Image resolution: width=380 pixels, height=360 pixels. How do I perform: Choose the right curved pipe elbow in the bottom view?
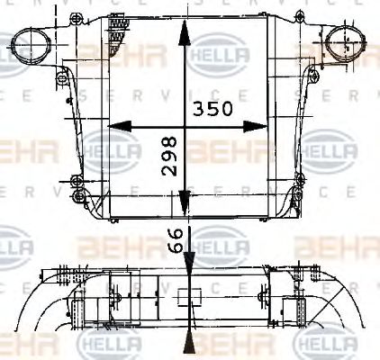tap(347, 306)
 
